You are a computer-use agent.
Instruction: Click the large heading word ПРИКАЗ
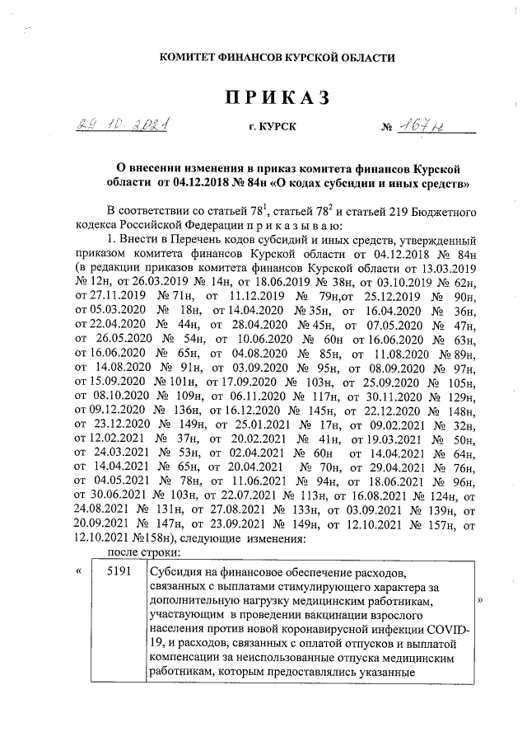pyautogui.click(x=277, y=98)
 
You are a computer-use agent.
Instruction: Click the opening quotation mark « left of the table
pyautogui.click(x=79, y=572)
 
